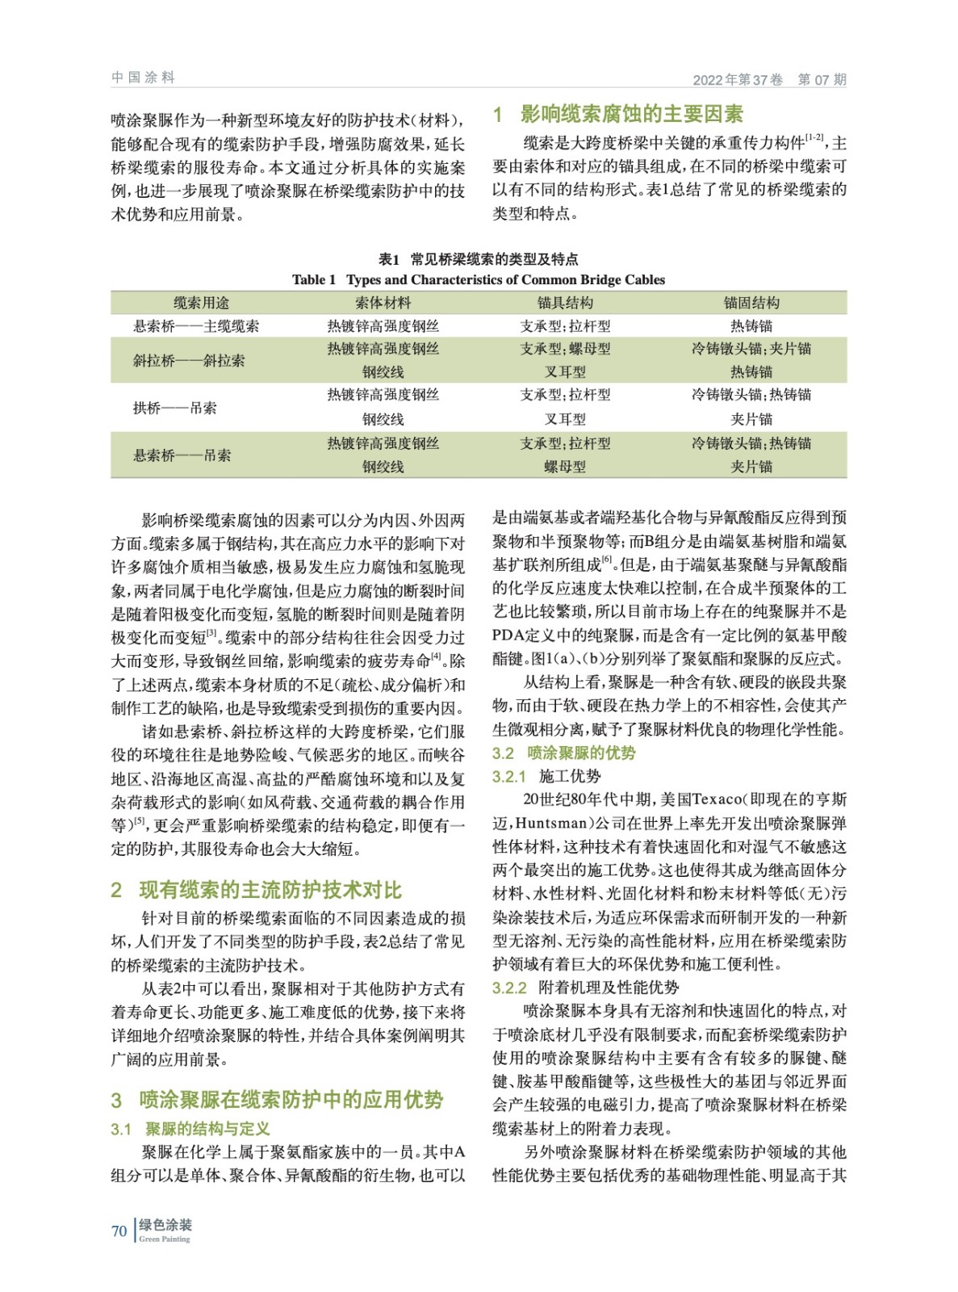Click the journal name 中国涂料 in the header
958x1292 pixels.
tap(143, 78)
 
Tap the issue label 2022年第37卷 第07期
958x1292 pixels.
tap(769, 79)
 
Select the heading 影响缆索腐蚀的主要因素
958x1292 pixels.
tap(631, 114)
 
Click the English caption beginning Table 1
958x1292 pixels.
tap(479, 279)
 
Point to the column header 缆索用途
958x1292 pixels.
tap(201, 303)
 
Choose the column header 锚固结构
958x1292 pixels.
tap(751, 303)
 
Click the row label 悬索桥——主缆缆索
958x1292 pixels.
tap(196, 326)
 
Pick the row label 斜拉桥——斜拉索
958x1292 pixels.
tap(189, 360)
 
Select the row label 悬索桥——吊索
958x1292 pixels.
tap(182, 455)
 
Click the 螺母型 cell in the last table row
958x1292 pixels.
tap(565, 467)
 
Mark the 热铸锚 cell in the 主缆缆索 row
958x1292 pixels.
tap(751, 326)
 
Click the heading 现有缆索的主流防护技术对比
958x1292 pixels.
tap(270, 890)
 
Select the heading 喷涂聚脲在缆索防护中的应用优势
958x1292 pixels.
tap(291, 1100)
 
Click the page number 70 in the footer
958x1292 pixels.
tap(119, 1231)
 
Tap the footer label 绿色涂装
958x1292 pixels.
tap(165, 1224)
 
